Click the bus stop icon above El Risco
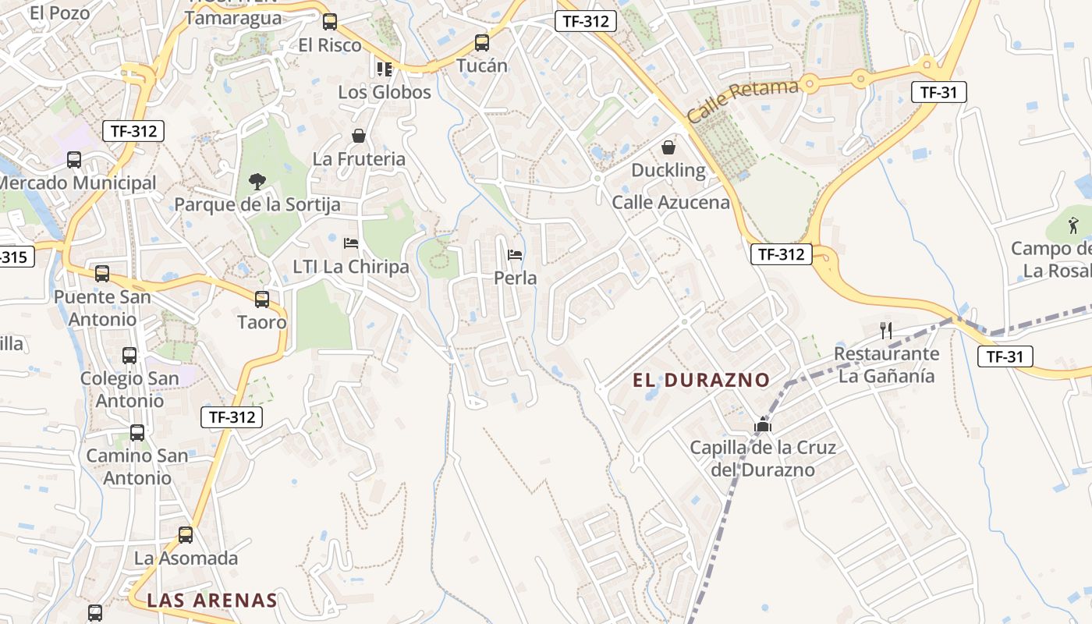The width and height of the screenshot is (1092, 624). point(330,22)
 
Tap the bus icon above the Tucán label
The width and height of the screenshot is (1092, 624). point(482,43)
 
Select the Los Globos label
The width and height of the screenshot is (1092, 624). point(385,92)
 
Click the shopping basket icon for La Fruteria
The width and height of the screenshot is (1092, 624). point(359,136)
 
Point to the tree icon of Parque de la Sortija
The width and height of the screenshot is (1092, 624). point(257,183)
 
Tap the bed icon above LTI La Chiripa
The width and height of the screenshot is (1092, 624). point(351,244)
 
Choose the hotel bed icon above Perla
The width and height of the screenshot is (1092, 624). point(515,255)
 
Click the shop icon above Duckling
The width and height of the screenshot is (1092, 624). point(668,147)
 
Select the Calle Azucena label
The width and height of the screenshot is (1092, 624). point(671,203)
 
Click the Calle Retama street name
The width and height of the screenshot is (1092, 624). point(743,101)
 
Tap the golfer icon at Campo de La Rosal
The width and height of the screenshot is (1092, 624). point(1074,226)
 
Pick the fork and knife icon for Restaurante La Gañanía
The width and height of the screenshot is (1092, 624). point(886,331)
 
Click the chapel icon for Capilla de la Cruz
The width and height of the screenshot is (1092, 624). point(763,425)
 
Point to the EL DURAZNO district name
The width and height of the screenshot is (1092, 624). point(701,381)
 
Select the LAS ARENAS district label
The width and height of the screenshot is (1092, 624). point(212,601)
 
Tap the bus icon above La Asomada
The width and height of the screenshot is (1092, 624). point(186,535)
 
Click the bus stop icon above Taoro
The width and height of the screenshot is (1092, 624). point(262,300)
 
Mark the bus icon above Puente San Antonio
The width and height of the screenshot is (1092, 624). point(102,274)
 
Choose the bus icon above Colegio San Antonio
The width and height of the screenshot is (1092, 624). point(129,356)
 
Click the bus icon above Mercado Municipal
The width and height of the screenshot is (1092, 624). point(74,160)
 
